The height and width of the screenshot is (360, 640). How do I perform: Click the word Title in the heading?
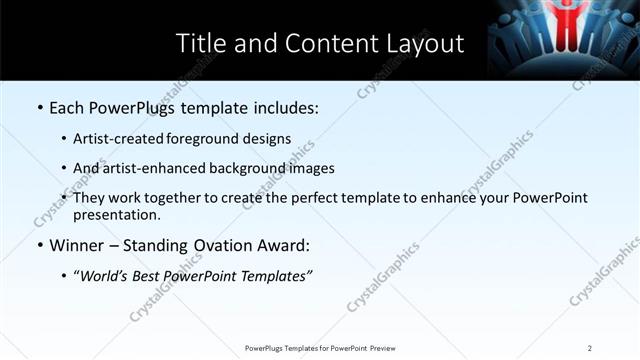point(200,43)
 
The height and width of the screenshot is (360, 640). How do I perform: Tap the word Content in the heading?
point(320,43)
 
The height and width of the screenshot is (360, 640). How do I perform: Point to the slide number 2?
point(590,348)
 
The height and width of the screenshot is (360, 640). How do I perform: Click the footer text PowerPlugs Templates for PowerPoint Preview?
point(320,348)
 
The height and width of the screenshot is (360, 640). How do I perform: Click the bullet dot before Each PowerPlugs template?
point(38,106)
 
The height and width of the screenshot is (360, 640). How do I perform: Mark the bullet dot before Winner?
point(38,245)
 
